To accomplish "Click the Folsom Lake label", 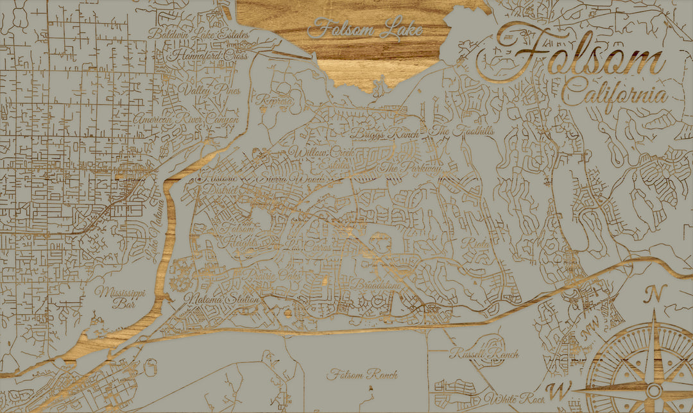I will click(366, 29).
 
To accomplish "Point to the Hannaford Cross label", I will click(207, 56).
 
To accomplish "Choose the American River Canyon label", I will click(186, 119).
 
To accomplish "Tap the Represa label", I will click(274, 101).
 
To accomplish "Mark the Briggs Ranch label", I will click(384, 135).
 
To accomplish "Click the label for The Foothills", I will click(453, 131).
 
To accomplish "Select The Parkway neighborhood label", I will click(411, 168).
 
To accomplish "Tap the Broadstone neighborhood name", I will click(375, 284).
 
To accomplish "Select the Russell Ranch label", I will click(484, 353).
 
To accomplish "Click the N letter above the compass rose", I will click(655, 294).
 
